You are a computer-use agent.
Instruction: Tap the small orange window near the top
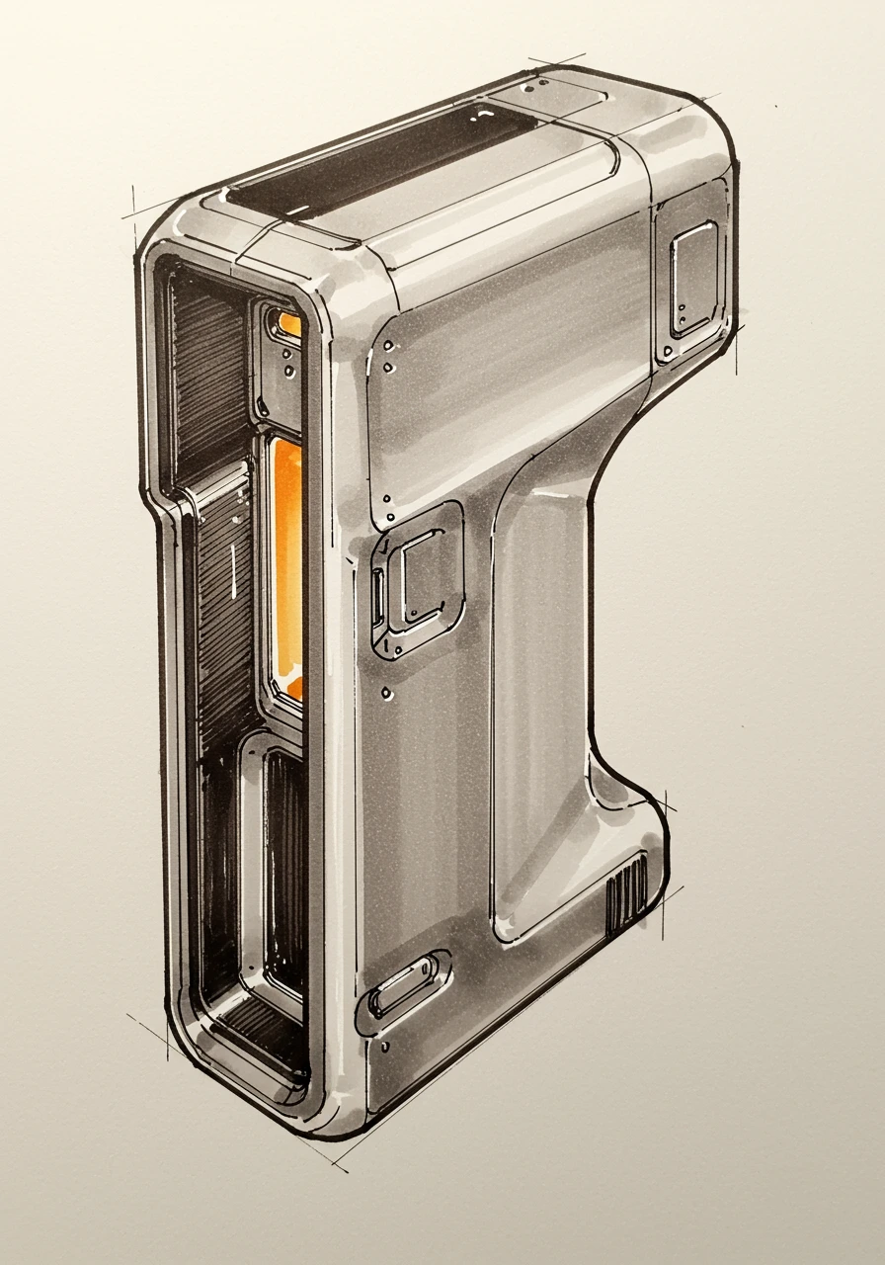289,323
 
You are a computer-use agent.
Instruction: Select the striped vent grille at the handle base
626,893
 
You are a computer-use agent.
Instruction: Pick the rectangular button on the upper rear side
693,279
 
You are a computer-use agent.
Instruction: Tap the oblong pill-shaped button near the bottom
404,982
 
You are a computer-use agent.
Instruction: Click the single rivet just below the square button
387,694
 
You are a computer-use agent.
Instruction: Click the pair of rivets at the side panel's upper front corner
388,357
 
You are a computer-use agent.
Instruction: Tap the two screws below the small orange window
287,360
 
